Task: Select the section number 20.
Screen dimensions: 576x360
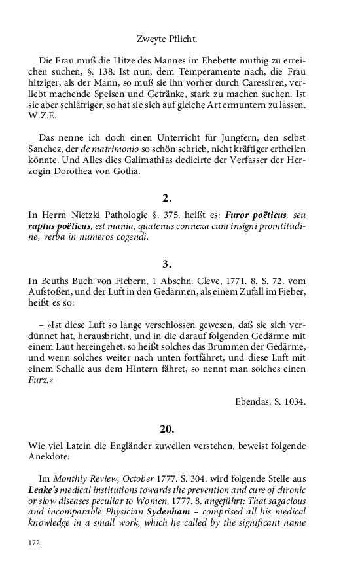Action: pos(167,429)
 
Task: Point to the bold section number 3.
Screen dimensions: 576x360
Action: pos(167,264)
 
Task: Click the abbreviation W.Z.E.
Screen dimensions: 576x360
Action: pos(42,117)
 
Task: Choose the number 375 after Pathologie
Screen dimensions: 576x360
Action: pos(179,215)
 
